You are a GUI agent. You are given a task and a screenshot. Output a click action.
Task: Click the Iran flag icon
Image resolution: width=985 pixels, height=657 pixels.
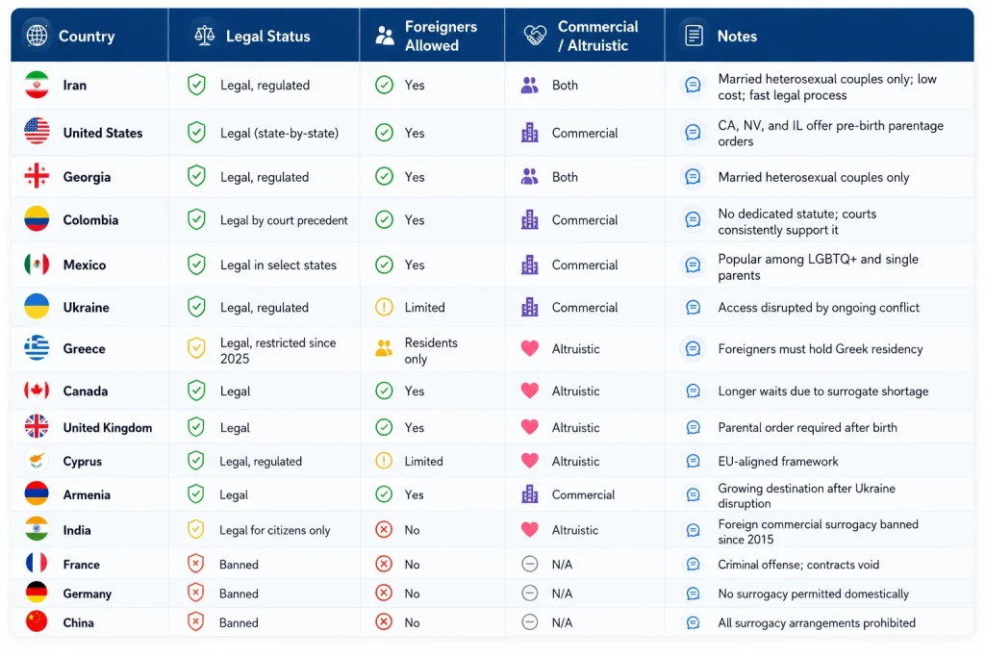[x=37, y=85]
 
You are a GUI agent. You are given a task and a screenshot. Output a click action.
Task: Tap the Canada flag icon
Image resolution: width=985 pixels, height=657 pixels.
[x=37, y=391]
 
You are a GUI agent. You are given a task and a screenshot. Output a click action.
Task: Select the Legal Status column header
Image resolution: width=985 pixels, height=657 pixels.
[x=267, y=37]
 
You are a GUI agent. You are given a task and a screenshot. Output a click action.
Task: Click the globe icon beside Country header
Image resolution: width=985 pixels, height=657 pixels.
[x=38, y=36]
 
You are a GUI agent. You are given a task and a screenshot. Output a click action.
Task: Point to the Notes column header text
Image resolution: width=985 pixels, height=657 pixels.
[x=737, y=37]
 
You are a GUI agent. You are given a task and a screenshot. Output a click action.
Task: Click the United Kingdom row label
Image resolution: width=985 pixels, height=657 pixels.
[x=108, y=428]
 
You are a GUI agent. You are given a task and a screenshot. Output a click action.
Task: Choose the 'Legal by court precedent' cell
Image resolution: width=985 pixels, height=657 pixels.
[x=284, y=220]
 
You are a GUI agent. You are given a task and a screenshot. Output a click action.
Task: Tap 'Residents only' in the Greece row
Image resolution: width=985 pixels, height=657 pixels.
[x=431, y=350]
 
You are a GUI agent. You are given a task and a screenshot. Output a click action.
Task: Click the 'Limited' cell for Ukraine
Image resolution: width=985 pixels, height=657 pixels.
[x=424, y=307]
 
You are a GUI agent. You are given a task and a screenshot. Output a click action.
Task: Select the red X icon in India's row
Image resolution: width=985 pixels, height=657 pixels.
[x=384, y=529]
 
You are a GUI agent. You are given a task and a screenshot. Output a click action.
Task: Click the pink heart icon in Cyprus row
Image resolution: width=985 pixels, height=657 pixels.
[x=530, y=461]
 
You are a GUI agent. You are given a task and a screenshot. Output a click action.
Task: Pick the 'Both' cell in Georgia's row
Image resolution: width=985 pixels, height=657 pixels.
[x=565, y=177]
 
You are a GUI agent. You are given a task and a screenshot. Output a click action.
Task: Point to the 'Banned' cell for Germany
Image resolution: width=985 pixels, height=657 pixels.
[x=239, y=594]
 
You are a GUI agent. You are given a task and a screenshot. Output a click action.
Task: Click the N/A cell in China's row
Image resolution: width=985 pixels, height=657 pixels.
[x=562, y=622]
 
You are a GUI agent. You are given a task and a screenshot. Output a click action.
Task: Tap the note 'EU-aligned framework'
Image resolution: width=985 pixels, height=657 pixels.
[x=777, y=461]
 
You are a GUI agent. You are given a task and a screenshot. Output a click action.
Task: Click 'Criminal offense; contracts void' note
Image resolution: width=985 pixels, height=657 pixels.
[x=798, y=565]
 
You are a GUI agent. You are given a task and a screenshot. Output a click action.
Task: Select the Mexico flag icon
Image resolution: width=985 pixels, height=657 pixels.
[x=37, y=265]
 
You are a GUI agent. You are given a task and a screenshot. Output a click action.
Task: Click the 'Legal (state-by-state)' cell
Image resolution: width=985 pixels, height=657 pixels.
[x=280, y=133]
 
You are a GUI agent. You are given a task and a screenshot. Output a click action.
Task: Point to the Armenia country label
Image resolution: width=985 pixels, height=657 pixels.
[x=87, y=495]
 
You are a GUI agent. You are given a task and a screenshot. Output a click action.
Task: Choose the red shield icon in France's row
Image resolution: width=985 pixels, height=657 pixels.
[x=196, y=564]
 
